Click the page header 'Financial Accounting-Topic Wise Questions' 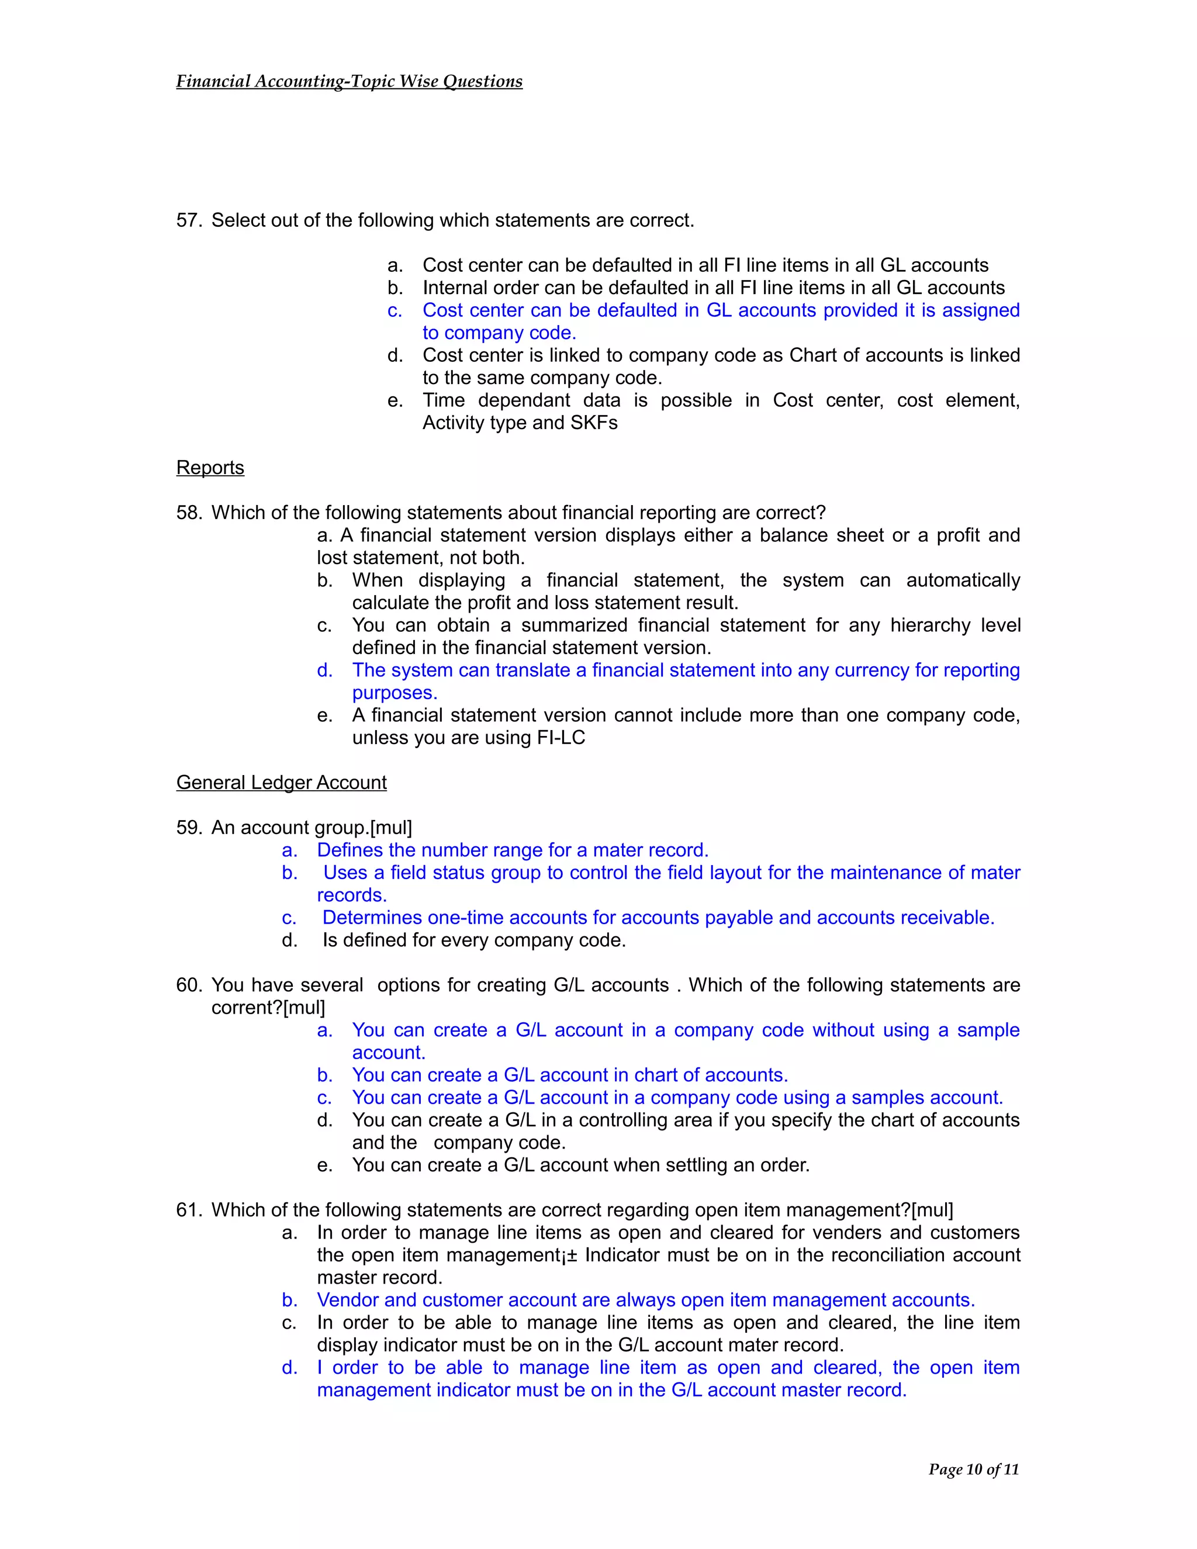(349, 82)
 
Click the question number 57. (189, 220)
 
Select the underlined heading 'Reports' (210, 468)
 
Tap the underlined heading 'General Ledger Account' (282, 783)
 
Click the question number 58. (189, 513)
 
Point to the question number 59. (189, 828)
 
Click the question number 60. (189, 985)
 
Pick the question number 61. (189, 1210)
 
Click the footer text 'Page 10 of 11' (973, 1470)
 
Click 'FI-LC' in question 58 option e (561, 738)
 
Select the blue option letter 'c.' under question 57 (395, 310)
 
